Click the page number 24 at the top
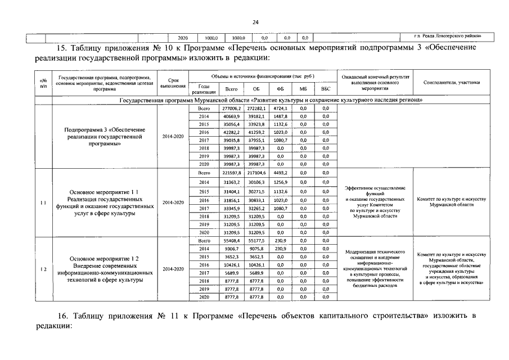tap(254, 22)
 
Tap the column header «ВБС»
tap(326, 89)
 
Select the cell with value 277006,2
tap(231, 107)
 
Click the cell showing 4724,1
tap(280, 107)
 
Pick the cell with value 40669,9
tap(231, 116)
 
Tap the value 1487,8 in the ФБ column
tap(280, 116)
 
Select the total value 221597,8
tap(231, 173)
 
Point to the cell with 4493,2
tap(280, 173)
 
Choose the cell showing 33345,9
tap(231, 208)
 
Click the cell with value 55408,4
tap(231, 240)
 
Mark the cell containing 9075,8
tap(256, 248)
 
